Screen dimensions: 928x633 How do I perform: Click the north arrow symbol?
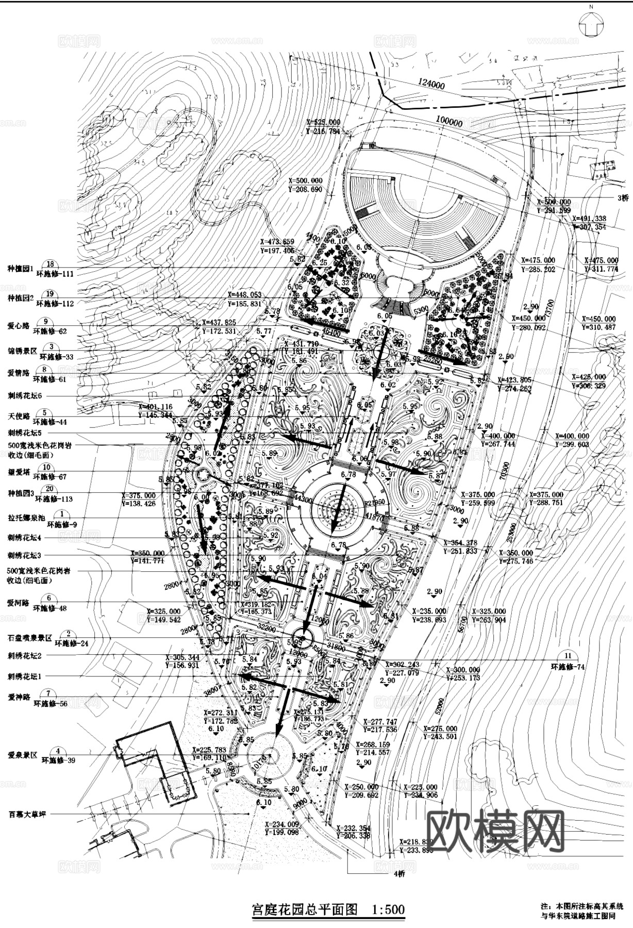pos(592,23)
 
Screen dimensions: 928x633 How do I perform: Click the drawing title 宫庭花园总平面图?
pos(304,908)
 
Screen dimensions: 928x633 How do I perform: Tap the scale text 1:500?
pos(388,908)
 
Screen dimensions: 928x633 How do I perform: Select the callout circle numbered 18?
pos(50,264)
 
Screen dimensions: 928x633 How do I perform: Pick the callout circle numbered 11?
pos(568,656)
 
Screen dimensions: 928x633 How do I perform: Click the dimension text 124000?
pos(431,84)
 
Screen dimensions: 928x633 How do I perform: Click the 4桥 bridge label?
pos(399,873)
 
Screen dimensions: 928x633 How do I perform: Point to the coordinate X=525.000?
pos(323,122)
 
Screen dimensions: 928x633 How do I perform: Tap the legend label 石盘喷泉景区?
pos(30,638)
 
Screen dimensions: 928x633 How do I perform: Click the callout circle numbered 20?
pos(49,489)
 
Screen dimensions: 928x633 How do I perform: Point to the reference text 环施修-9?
pos(62,524)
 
